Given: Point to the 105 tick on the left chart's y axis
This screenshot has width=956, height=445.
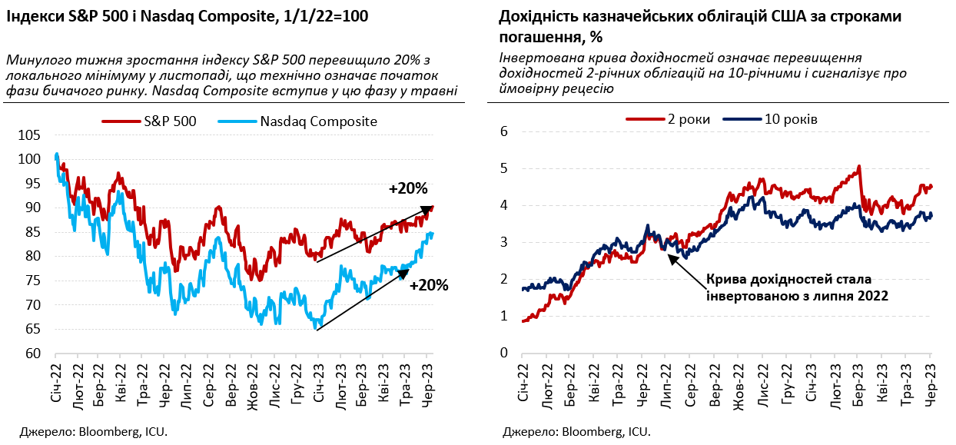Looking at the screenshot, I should pos(30,135).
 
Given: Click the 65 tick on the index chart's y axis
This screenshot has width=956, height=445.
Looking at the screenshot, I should pos(33,330).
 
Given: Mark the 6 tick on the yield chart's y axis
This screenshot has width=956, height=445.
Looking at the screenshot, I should pos(504,131).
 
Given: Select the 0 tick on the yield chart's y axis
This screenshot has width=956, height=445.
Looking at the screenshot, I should pos(504,353).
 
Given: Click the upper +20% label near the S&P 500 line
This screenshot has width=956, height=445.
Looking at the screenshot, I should pos(407,189).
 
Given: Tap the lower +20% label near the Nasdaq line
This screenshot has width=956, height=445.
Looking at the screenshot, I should pos(428,285).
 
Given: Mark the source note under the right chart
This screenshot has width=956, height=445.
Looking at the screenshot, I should pos(576,432).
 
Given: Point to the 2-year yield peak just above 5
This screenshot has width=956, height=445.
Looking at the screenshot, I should pos(858,166).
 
